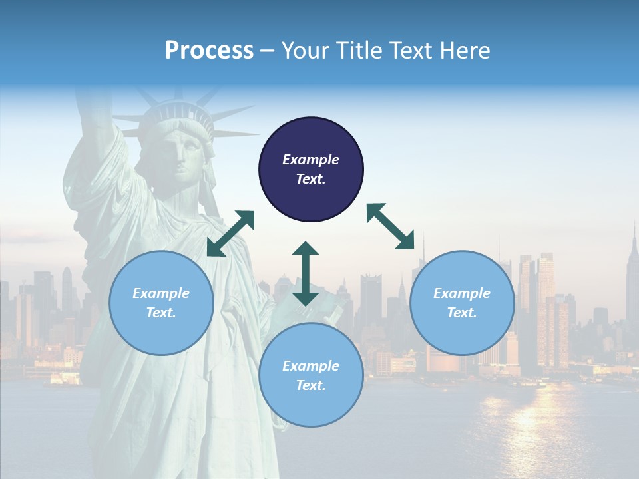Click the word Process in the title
click(x=209, y=50)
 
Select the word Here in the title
click(x=466, y=50)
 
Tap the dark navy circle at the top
click(x=311, y=169)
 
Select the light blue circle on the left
click(x=161, y=303)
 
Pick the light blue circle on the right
click(x=462, y=303)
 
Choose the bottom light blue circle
click(x=311, y=375)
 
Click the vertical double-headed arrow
click(x=306, y=273)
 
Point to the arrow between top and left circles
click(x=230, y=234)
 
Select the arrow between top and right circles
click(x=390, y=226)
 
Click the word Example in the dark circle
click(x=311, y=160)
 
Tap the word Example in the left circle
click(x=161, y=293)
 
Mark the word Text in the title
click(x=411, y=50)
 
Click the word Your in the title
click(x=303, y=50)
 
